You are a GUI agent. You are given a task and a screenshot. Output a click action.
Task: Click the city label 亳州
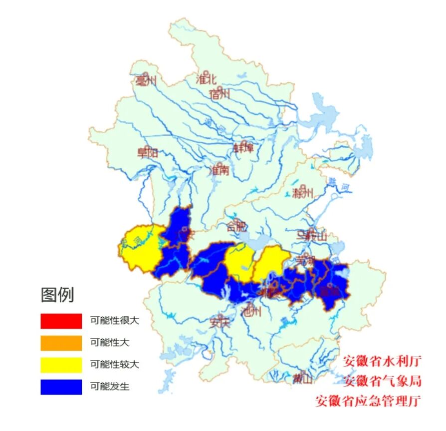(x=146, y=81)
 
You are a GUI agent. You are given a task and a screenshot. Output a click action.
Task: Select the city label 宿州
(x=220, y=94)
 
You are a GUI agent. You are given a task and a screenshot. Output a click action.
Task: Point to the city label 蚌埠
(x=244, y=148)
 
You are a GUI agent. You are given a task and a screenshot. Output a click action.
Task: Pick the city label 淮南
(x=219, y=170)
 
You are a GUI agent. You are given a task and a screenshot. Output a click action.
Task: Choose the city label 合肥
(x=236, y=226)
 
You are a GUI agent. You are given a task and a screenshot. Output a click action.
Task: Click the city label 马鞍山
(x=312, y=235)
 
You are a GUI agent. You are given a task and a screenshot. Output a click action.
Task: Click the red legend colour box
(x=61, y=321)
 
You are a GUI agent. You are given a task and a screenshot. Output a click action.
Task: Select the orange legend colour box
(x=61, y=343)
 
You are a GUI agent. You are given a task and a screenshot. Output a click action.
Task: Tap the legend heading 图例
(x=57, y=295)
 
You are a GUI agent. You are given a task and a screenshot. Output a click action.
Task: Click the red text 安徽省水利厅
(x=382, y=361)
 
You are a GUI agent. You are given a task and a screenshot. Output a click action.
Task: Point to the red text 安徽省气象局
(x=382, y=381)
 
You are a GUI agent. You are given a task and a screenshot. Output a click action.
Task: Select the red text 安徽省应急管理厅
(x=368, y=401)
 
